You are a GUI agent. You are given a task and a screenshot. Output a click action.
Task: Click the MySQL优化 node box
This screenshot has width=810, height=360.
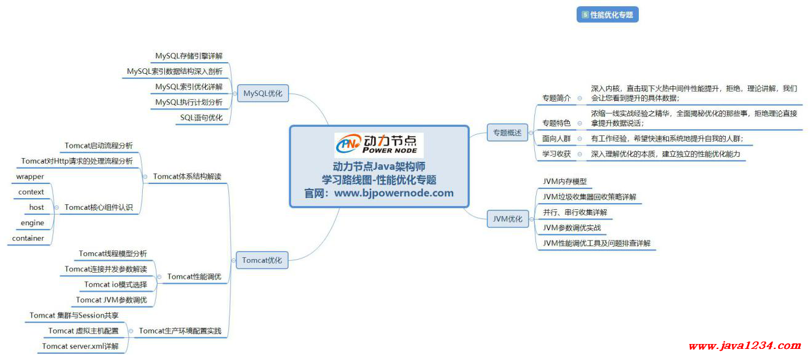[263, 94]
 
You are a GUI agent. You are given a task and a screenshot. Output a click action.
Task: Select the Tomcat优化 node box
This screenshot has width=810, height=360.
[262, 260]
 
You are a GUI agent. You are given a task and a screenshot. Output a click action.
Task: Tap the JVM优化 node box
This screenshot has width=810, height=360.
[508, 218]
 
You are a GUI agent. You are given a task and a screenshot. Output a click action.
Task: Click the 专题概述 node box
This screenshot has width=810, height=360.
[507, 133]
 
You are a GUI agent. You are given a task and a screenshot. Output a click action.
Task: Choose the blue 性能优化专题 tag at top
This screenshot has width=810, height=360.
[607, 15]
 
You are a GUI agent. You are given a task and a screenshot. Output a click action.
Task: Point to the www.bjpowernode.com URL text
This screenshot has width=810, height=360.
[394, 193]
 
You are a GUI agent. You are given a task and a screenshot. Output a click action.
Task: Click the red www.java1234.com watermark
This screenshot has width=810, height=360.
[745, 346]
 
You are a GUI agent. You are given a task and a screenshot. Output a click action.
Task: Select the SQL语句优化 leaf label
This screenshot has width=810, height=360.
[201, 118]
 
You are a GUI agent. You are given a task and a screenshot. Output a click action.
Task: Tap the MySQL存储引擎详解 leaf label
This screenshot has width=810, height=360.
[189, 55]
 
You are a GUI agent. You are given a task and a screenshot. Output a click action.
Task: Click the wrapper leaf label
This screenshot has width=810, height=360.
[30, 177]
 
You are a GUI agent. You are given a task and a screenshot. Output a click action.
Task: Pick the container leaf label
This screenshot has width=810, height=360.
[28, 238]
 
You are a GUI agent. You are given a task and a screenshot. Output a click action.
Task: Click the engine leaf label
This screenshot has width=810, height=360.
[33, 223]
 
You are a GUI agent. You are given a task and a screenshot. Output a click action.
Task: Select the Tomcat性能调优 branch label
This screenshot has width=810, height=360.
[194, 276]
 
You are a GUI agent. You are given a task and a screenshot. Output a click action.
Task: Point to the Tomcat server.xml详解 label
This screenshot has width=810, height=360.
[80, 346]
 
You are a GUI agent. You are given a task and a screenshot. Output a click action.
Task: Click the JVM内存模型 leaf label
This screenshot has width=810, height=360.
[565, 182]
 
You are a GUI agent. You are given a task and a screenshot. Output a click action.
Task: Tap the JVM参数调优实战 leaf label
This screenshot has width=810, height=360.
[572, 228]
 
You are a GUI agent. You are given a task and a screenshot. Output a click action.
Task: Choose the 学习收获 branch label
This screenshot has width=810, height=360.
[556, 154]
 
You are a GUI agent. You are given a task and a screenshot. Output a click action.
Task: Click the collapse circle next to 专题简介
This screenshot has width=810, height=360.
[580, 98]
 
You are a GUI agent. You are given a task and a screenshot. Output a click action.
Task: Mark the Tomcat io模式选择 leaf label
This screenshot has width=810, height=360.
[116, 284]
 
